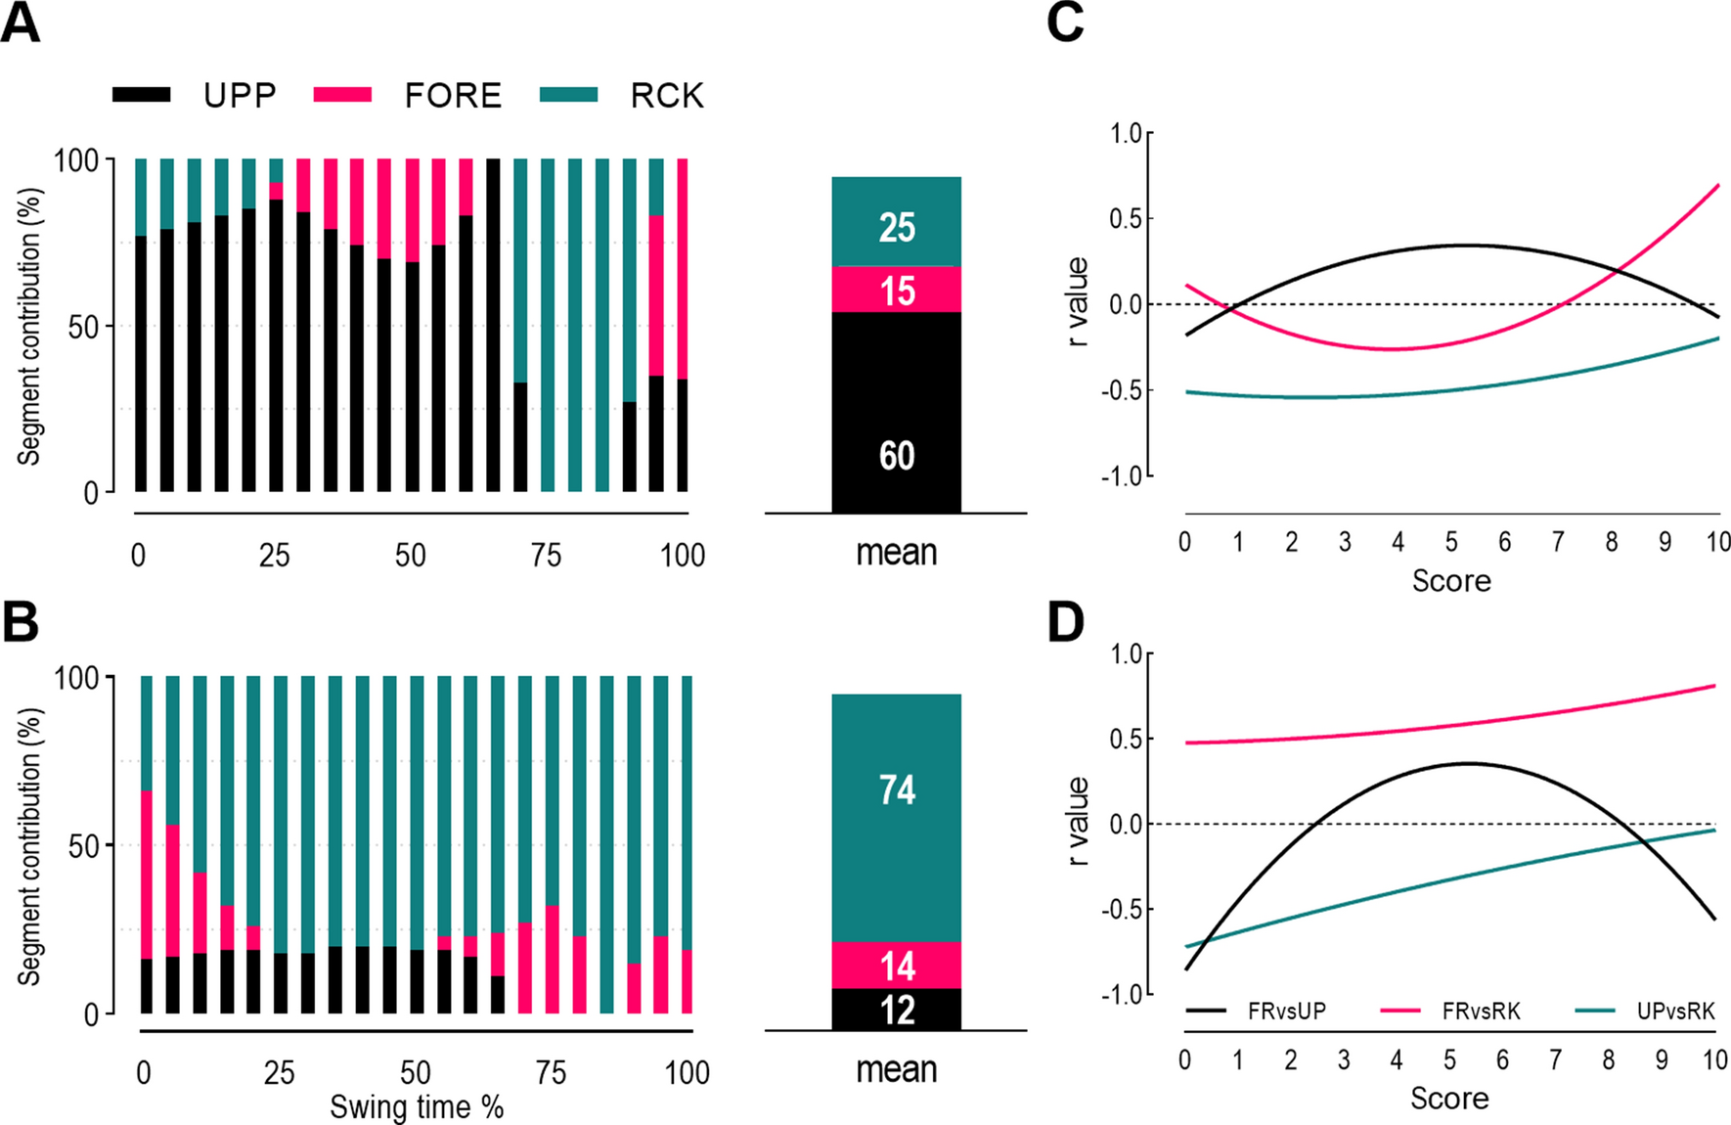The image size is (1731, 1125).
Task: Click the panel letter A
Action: point(22,22)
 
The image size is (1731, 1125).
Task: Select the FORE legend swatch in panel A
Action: point(342,95)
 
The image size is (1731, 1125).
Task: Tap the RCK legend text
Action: point(667,96)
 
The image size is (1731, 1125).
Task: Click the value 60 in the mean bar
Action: point(897,456)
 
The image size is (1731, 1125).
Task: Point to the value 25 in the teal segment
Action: point(897,228)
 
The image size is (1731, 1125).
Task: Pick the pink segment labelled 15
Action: point(897,291)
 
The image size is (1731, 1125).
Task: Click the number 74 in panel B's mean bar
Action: point(897,789)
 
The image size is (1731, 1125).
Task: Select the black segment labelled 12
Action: point(897,1011)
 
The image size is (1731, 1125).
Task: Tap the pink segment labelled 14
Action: point(897,967)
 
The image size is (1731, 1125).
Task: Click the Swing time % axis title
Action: point(417,1107)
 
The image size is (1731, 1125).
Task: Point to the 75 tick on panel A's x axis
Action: point(546,556)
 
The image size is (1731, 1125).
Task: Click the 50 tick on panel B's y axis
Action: point(83,846)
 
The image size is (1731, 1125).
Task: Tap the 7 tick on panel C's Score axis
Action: point(1558,542)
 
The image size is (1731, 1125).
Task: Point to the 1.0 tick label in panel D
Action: point(1127,653)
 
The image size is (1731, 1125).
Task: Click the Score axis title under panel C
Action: point(1451,581)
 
